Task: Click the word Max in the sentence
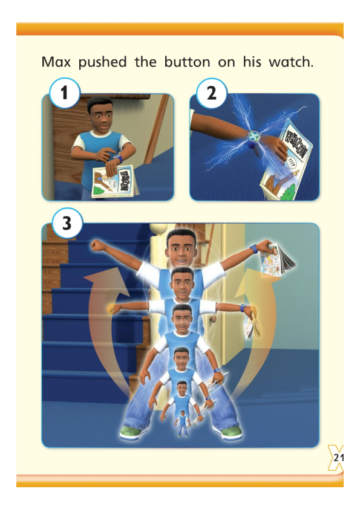click(x=56, y=62)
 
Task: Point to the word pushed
click(x=102, y=63)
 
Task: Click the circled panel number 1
click(x=64, y=93)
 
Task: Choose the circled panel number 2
click(x=212, y=93)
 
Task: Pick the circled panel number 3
click(x=67, y=223)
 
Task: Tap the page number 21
click(x=338, y=458)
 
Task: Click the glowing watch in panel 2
click(x=253, y=136)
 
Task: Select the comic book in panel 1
click(x=116, y=181)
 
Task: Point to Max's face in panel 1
click(x=100, y=115)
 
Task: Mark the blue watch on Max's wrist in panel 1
click(x=119, y=158)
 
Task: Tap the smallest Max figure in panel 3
click(x=183, y=424)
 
